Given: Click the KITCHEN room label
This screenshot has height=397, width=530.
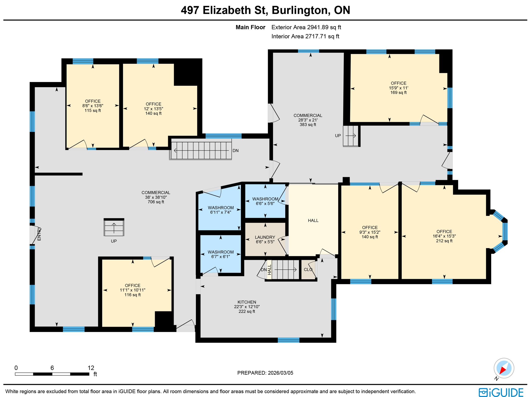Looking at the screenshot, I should (x=247, y=302).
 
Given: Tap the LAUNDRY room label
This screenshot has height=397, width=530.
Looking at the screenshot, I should (x=265, y=237).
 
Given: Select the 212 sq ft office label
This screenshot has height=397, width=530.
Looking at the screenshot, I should (x=444, y=236).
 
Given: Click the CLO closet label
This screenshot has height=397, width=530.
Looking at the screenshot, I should (x=308, y=269).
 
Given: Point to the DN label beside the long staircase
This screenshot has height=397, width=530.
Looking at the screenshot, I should (x=235, y=151).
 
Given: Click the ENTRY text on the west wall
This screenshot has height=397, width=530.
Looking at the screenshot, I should (x=39, y=234).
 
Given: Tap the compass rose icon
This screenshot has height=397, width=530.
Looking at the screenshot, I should (x=504, y=368).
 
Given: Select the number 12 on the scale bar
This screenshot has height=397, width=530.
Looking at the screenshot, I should (x=91, y=368).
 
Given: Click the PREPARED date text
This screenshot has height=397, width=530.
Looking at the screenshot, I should (x=265, y=373).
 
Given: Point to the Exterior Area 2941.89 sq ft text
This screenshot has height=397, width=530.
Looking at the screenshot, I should (x=306, y=27).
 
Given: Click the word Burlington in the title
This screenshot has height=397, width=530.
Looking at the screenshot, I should (x=300, y=10).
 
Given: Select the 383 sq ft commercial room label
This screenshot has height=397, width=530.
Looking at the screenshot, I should (x=308, y=120).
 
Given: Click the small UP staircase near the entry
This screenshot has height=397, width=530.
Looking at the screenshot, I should (x=114, y=227).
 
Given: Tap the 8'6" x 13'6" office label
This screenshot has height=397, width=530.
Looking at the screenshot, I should (x=93, y=106).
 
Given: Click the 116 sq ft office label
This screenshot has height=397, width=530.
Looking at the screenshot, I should (x=132, y=290).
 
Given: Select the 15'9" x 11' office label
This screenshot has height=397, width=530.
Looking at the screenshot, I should (x=398, y=88).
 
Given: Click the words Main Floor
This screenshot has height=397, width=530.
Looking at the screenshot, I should (x=250, y=27).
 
